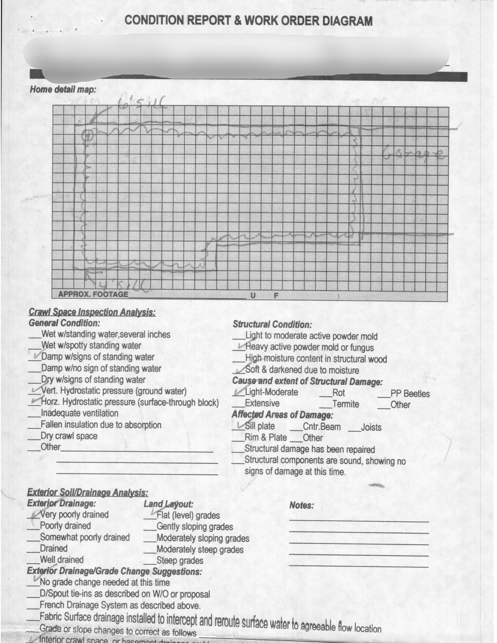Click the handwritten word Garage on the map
coord(414,154)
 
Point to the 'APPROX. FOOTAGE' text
coord(93,294)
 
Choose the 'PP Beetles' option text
coord(410,394)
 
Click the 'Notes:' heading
coord(301,506)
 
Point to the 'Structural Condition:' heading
coord(272,324)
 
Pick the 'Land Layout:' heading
coord(168,504)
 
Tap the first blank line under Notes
coord(359,522)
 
